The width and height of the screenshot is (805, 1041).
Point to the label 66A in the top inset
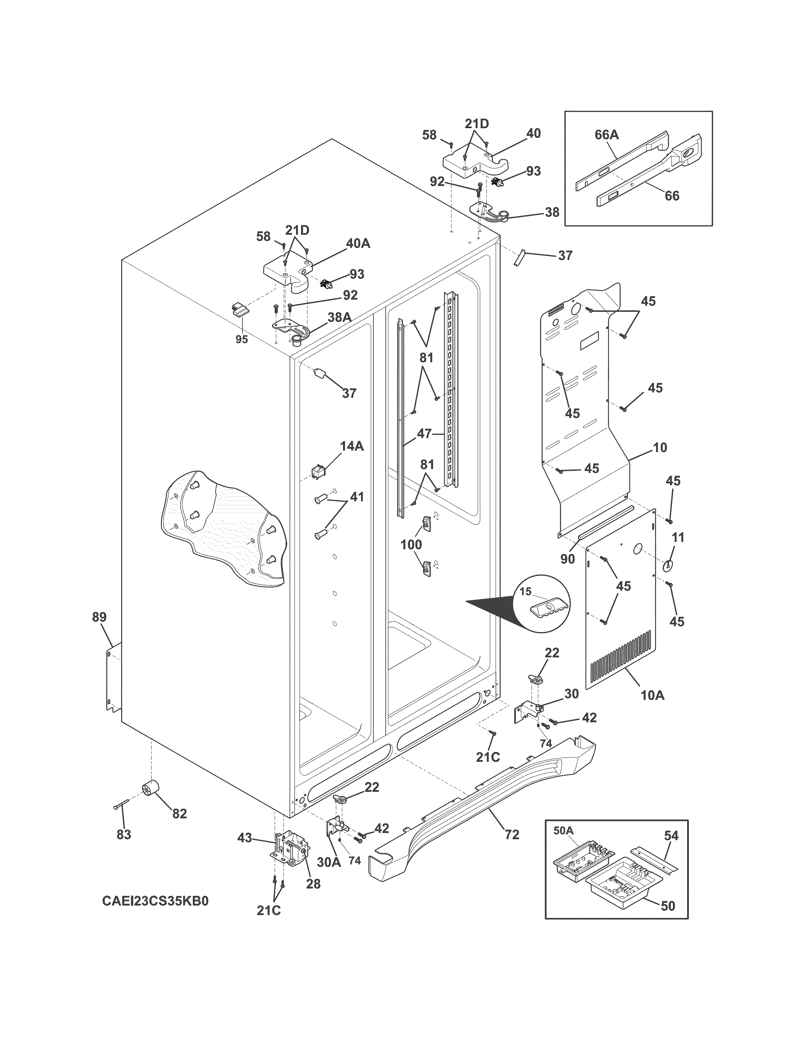point(607,135)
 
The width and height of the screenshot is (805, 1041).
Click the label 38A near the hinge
point(339,317)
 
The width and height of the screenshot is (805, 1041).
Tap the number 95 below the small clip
point(242,339)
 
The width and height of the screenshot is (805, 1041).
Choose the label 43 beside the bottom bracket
point(245,838)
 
